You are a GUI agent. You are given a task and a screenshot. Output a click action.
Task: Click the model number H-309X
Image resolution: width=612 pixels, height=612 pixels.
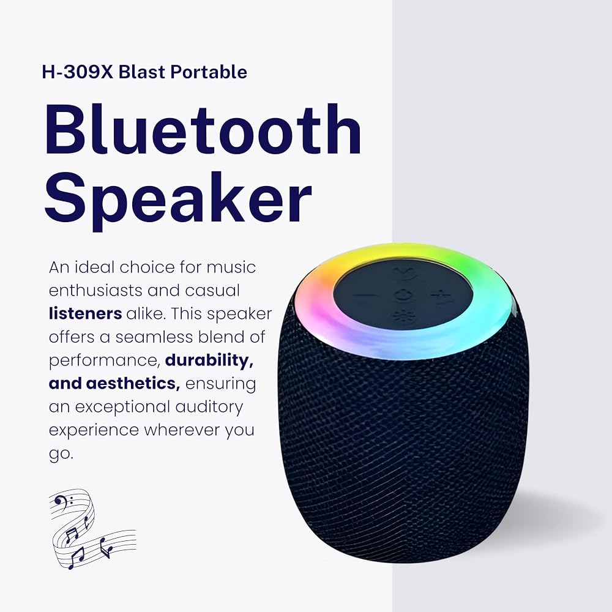(x=77, y=72)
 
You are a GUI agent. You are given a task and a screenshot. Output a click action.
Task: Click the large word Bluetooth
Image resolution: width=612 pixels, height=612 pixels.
(x=203, y=129)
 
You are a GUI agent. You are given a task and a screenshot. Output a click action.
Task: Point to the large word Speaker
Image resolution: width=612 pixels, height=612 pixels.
(x=178, y=198)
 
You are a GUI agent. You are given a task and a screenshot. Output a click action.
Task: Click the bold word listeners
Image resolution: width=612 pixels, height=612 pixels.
(x=86, y=314)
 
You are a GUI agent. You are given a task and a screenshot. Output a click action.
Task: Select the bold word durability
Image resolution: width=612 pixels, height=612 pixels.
(x=209, y=360)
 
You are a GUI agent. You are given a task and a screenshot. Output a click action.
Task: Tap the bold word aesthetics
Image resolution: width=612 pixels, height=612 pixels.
(x=133, y=383)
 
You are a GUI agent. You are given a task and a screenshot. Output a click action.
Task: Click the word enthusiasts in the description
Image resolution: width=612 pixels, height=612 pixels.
(x=95, y=290)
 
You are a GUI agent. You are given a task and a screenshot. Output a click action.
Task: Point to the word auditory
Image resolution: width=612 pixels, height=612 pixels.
(x=209, y=407)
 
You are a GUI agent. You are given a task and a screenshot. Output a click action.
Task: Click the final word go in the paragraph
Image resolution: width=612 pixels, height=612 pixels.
(x=61, y=455)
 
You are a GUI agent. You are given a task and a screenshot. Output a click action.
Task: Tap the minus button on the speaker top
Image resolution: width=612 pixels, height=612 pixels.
(x=365, y=296)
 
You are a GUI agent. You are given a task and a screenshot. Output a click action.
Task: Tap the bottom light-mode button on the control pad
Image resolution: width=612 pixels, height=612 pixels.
(x=400, y=316)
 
